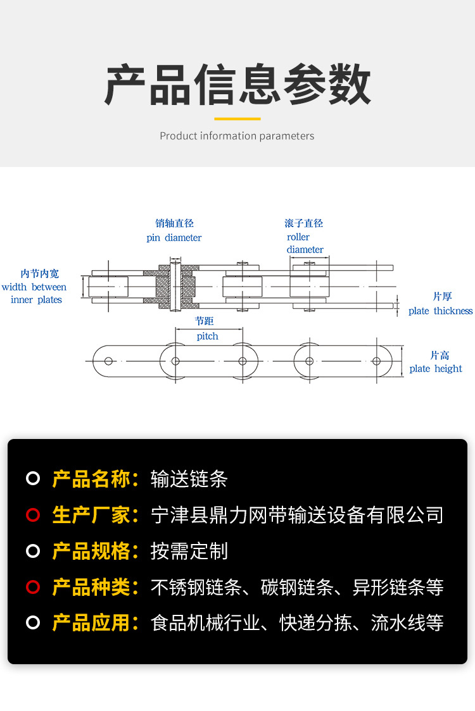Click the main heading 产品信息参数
pyautogui.click(x=237, y=84)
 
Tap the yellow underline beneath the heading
pyautogui.click(x=237, y=118)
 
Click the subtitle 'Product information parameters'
pyautogui.click(x=237, y=136)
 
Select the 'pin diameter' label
pyautogui.click(x=174, y=238)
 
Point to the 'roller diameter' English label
pyautogui.click(x=305, y=244)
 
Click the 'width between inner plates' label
pyautogui.click(x=35, y=294)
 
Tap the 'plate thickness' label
pyautogui.click(x=440, y=311)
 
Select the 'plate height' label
pyautogui.click(x=436, y=369)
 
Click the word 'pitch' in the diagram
pyautogui.click(x=207, y=337)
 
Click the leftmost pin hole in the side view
pyautogui.click(x=109, y=361)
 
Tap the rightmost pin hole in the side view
pyautogui.click(x=376, y=361)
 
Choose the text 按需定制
pyautogui.click(x=189, y=551)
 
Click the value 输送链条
pyautogui.click(x=189, y=479)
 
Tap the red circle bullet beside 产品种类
pyautogui.click(x=33, y=587)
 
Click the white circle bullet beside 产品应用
pyautogui.click(x=33, y=623)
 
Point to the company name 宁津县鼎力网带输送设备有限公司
pyautogui.click(x=297, y=515)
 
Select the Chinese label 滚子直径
pyautogui.click(x=304, y=223)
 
